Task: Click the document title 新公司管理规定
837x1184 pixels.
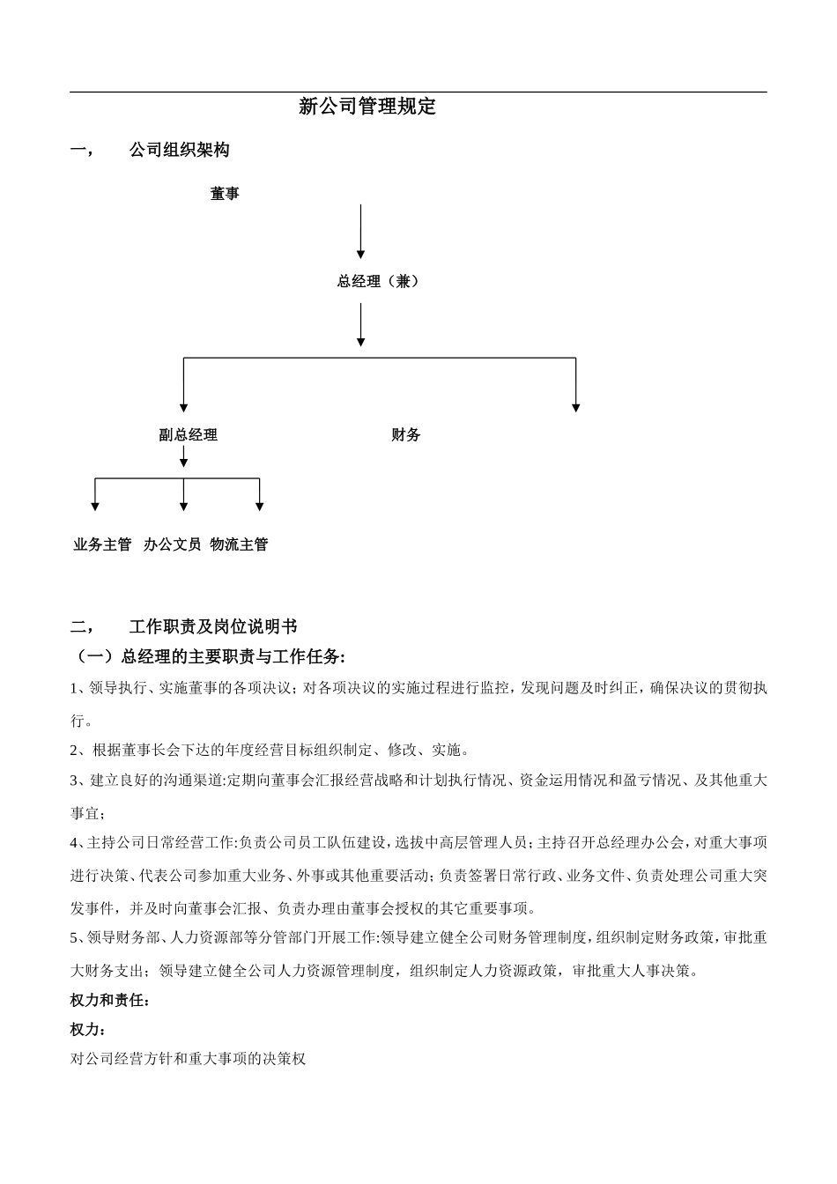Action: click(x=367, y=107)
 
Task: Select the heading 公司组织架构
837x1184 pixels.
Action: click(x=179, y=151)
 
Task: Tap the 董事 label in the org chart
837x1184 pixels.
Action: click(x=225, y=194)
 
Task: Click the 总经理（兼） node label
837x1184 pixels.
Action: click(x=378, y=282)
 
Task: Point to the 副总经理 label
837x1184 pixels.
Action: click(x=188, y=435)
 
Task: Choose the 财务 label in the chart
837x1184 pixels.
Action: click(x=406, y=435)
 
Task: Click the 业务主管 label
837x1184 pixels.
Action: click(x=102, y=545)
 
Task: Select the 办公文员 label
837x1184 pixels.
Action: click(x=173, y=545)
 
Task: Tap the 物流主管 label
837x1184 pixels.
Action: click(x=240, y=545)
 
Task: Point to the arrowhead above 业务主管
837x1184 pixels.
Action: click(x=95, y=506)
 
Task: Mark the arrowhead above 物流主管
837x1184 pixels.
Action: click(x=260, y=506)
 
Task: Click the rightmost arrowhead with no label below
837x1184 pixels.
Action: click(x=576, y=407)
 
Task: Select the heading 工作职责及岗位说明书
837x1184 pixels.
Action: click(x=213, y=627)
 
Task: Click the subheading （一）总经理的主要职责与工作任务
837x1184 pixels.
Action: click(x=208, y=657)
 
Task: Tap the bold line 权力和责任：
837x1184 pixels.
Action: click(x=110, y=1001)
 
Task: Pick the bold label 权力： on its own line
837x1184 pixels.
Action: click(x=89, y=1030)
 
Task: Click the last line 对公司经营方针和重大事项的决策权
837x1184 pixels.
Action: click(x=188, y=1059)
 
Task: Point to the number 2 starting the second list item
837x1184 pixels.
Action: click(x=75, y=751)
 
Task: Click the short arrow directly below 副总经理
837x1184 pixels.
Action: click(x=183, y=456)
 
